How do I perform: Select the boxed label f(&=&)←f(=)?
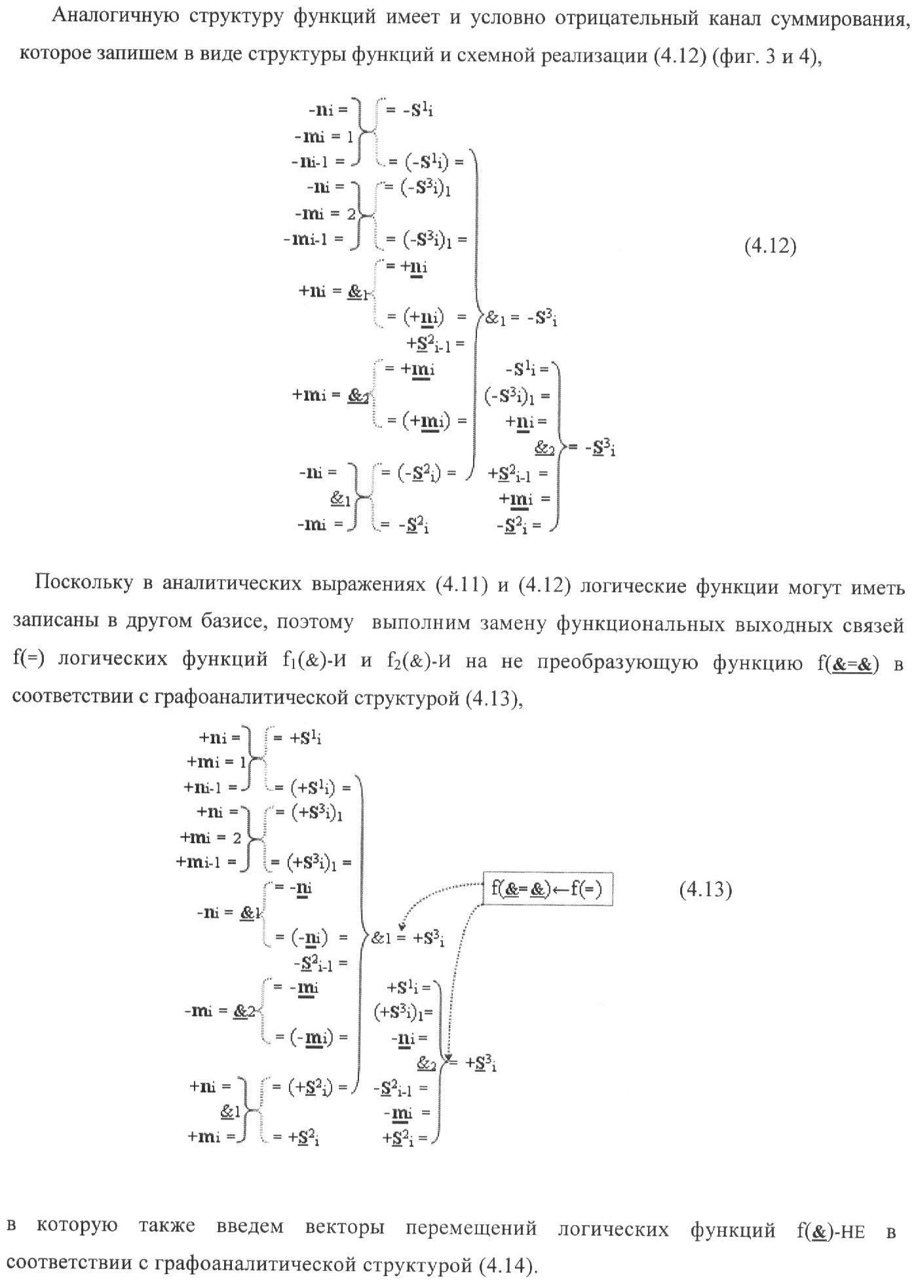[x=547, y=888]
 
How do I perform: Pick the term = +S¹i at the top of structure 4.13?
[x=297, y=738]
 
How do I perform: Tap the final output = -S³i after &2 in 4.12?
[x=592, y=448]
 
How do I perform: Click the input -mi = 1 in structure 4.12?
[x=324, y=136]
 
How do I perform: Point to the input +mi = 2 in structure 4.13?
[x=211, y=838]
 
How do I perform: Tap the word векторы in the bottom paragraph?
[x=345, y=1227]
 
